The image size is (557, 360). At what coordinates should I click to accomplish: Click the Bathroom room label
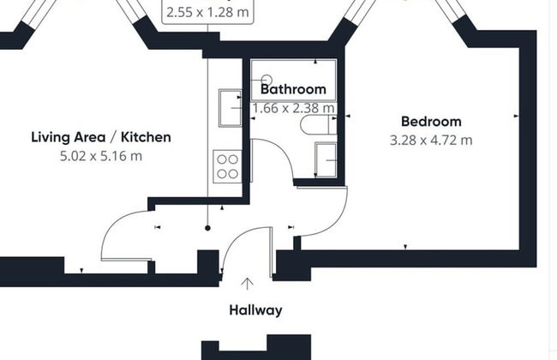pyautogui.click(x=293, y=89)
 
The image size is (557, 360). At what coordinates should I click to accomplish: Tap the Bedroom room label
pyautogui.click(x=431, y=122)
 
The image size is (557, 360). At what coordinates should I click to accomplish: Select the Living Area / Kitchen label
pyautogui.click(x=101, y=137)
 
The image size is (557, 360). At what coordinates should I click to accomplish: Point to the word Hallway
pyautogui.click(x=255, y=310)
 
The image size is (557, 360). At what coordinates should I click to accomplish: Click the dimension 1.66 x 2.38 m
pyautogui.click(x=293, y=109)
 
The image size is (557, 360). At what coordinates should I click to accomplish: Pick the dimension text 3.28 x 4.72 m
pyautogui.click(x=431, y=141)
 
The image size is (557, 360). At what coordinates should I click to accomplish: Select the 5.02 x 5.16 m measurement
pyautogui.click(x=101, y=156)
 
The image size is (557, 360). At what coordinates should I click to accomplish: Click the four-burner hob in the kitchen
pyautogui.click(x=227, y=165)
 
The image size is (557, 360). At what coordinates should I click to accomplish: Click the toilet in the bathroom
pyautogui.click(x=314, y=127)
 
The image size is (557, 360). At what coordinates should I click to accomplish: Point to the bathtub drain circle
pyautogui.click(x=266, y=80)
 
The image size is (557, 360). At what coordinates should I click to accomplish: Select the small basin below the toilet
pyautogui.click(x=326, y=159)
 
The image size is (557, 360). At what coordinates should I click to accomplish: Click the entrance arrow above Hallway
pyautogui.click(x=249, y=284)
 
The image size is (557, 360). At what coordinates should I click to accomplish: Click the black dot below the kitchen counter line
pyautogui.click(x=207, y=228)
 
